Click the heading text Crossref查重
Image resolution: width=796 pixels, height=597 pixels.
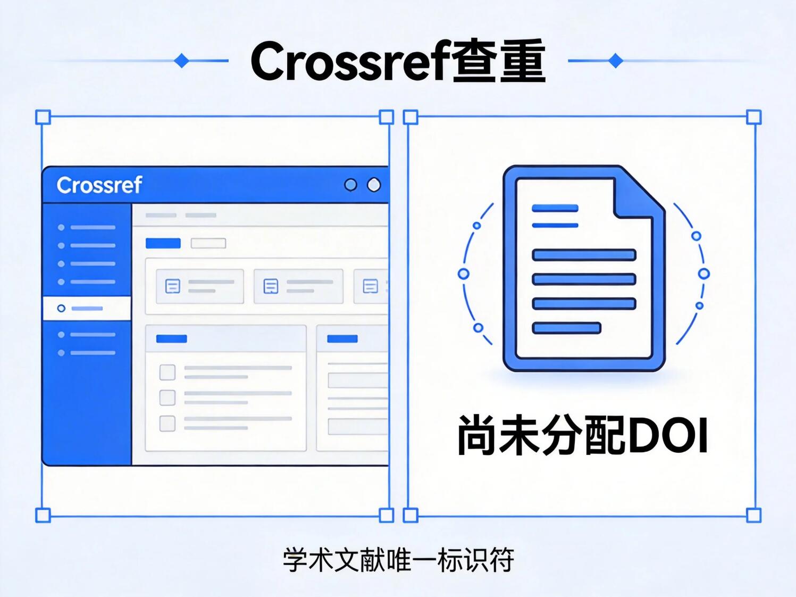(x=398, y=61)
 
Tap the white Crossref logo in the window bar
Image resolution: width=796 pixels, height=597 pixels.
(x=99, y=185)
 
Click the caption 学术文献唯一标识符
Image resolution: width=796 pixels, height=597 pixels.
(x=398, y=560)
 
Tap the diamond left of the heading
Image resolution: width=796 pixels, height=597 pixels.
(x=182, y=61)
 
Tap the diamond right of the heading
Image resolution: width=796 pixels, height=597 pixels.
(x=615, y=61)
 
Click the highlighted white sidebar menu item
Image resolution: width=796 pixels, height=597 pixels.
(x=87, y=309)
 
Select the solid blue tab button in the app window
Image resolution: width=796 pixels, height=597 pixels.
(x=163, y=243)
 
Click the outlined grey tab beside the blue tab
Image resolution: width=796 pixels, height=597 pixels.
(x=208, y=243)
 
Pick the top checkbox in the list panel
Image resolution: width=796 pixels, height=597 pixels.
(x=167, y=372)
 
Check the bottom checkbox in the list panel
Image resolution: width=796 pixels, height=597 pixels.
(x=167, y=424)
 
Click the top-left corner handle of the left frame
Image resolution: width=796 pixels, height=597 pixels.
(x=43, y=117)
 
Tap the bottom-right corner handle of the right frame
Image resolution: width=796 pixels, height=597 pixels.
(x=754, y=515)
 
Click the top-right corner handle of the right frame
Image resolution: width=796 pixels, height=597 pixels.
(x=754, y=117)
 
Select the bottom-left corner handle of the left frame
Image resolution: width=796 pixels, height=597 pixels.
(x=43, y=515)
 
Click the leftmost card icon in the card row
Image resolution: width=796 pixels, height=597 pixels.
(x=173, y=286)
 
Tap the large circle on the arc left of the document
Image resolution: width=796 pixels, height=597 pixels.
(x=464, y=274)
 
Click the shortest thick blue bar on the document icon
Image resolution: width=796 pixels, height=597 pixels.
(x=566, y=328)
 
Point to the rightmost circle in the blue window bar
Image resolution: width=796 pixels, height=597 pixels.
(x=374, y=185)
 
